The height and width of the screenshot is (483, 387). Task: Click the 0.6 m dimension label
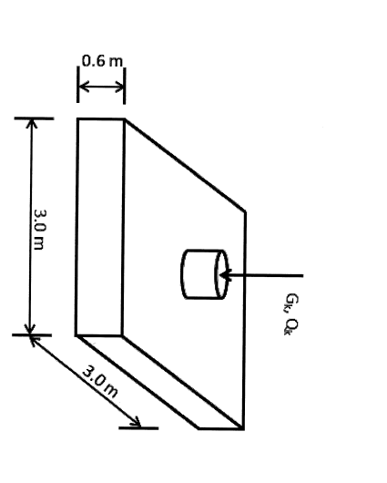pyautogui.click(x=100, y=61)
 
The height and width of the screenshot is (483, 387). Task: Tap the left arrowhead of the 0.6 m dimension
pyautogui.click(x=81, y=87)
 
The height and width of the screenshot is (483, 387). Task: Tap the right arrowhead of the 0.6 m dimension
pyautogui.click(x=120, y=87)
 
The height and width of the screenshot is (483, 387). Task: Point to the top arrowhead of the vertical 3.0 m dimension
pyautogui.click(x=32, y=124)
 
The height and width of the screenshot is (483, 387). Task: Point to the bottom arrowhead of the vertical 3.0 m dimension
pyautogui.click(x=32, y=329)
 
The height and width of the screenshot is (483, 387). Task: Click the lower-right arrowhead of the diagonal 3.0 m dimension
pyautogui.click(x=137, y=423)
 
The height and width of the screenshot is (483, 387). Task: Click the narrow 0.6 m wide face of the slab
pyautogui.click(x=100, y=228)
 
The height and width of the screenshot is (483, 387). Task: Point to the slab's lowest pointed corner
pyautogui.click(x=243, y=428)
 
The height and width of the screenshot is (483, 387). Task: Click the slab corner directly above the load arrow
pyautogui.click(x=244, y=212)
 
